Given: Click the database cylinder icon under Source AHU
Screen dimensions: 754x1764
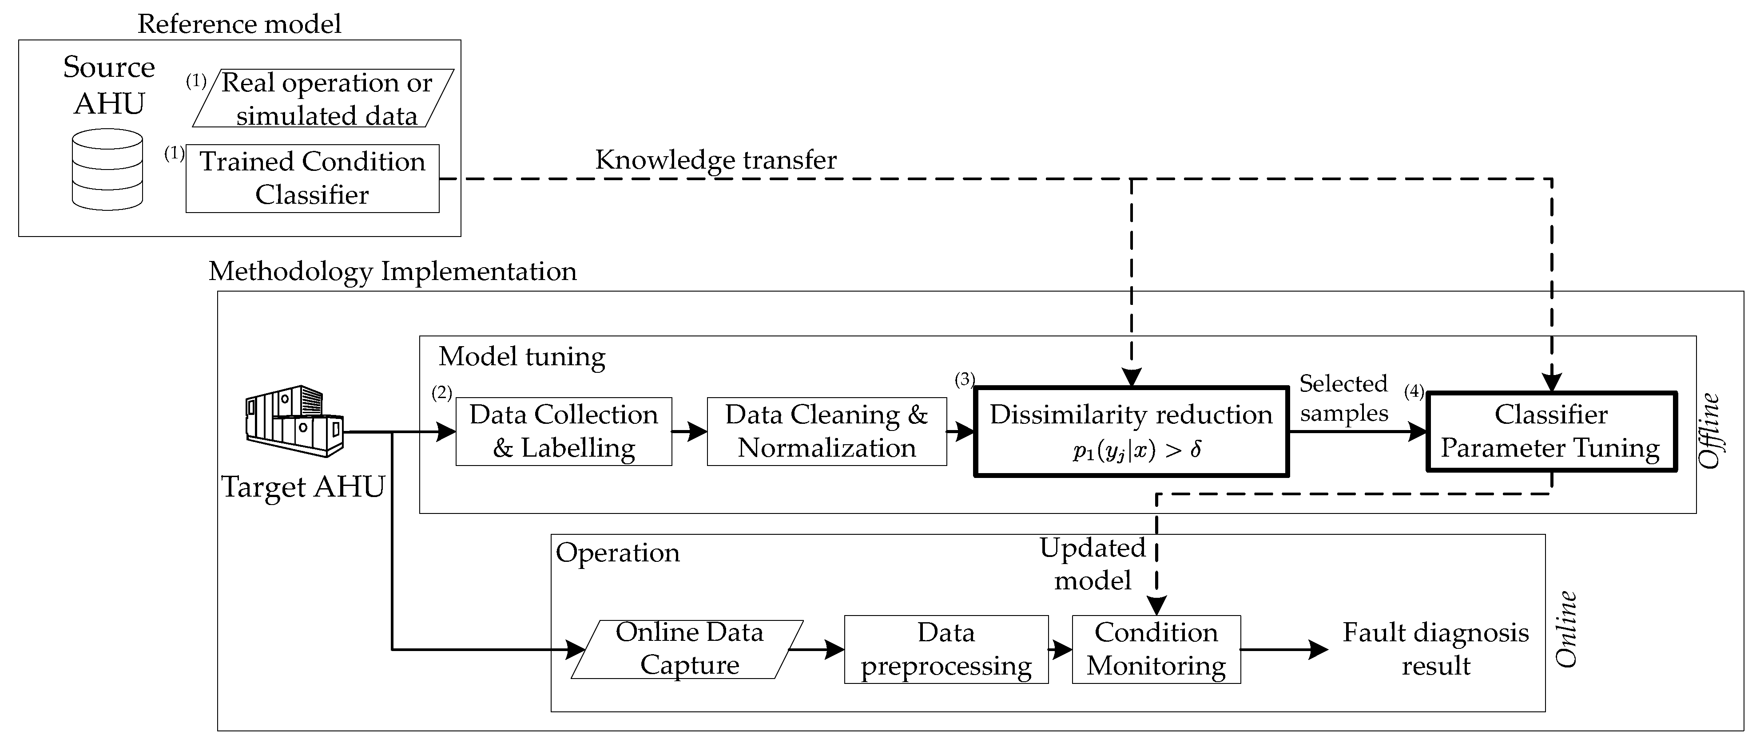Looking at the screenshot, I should click(107, 170).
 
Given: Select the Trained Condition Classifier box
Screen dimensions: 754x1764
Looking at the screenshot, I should click(312, 178).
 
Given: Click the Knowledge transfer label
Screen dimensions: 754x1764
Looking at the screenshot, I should click(715, 159).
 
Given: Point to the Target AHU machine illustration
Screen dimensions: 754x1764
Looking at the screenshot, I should click(294, 420).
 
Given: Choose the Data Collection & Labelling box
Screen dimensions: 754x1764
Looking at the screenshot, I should click(564, 431).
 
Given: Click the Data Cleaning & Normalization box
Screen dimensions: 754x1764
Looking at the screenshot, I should click(826, 431).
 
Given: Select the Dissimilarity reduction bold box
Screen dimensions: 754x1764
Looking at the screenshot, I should click(1131, 431).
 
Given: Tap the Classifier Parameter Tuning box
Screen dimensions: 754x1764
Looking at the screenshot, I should click(1551, 431).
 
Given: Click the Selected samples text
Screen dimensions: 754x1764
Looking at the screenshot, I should click(1343, 398).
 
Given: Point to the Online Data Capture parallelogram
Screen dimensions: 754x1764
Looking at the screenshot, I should click(687, 649).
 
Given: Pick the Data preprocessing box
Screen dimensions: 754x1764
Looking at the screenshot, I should click(946, 649).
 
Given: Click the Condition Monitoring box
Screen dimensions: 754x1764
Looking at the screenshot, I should click(1156, 649).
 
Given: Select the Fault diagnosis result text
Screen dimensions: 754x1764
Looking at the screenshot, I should click(1435, 649).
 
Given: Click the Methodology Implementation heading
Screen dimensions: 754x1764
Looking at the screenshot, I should click(393, 272).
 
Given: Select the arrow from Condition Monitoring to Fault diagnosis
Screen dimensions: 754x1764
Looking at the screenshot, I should click(1284, 649).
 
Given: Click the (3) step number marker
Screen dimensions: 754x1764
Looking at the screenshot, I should click(964, 380).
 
